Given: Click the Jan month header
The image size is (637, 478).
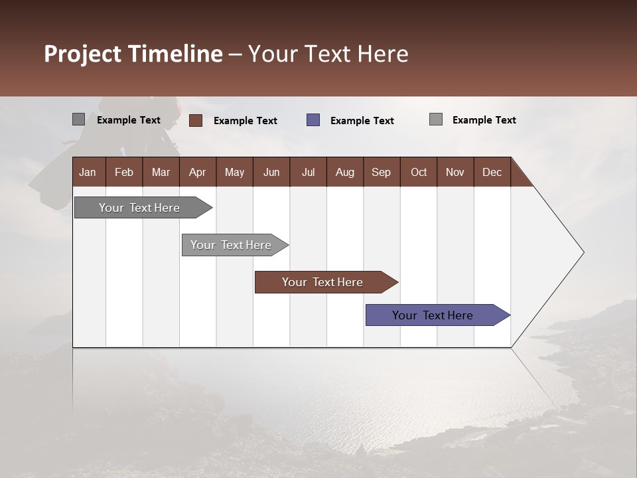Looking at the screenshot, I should [88, 172].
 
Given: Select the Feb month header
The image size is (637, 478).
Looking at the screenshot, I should [124, 172].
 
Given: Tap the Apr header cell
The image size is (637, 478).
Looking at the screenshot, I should [197, 172].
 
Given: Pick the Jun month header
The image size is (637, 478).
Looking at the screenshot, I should [271, 172].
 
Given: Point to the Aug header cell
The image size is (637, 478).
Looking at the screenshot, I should [344, 172].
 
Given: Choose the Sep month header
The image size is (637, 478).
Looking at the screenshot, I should [381, 172].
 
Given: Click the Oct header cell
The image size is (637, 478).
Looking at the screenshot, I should [419, 172].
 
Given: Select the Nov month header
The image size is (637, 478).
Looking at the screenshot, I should [455, 172].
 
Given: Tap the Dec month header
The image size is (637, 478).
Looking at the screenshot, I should [492, 172].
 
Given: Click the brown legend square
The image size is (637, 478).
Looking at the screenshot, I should [196, 120].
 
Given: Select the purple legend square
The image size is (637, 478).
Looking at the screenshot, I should [313, 120].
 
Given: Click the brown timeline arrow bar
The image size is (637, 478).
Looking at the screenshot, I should [323, 282].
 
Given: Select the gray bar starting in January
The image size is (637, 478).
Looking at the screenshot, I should [140, 208].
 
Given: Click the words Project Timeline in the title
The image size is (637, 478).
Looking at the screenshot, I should [133, 54].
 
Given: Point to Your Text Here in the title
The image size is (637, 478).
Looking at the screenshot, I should [328, 54].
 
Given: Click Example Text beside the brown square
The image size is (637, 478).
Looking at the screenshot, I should [245, 121].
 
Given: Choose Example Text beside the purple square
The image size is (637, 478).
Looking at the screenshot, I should [362, 121].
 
